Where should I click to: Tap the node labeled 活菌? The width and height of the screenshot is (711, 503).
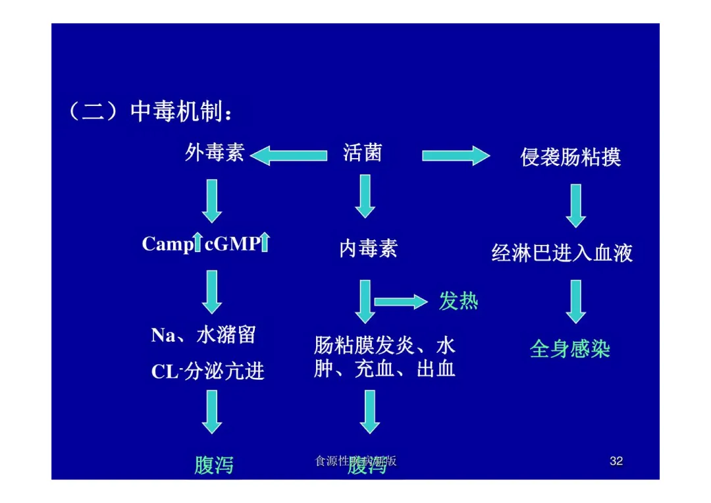click(362, 153)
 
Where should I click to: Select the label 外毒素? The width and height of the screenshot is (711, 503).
click(215, 153)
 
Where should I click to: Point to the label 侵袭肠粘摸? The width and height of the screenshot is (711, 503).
click(571, 157)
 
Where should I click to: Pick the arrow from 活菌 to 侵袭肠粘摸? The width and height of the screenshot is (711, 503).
click(456, 156)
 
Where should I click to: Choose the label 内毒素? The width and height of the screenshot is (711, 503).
click(368, 248)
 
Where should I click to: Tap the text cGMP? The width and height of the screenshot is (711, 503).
click(232, 244)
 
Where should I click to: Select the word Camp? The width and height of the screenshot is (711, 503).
click(167, 244)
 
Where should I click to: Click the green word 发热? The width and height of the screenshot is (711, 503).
click(458, 302)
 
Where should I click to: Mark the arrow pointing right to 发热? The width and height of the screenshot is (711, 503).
click(401, 302)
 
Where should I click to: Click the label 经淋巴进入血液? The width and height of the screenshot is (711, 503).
click(562, 253)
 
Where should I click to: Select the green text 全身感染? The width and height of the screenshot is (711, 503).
click(570, 348)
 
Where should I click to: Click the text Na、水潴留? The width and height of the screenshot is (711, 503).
click(203, 335)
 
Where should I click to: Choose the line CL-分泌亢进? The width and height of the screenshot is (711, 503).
click(207, 371)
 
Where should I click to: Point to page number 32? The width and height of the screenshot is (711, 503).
click(616, 461)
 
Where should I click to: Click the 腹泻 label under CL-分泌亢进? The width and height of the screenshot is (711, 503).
click(213, 465)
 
